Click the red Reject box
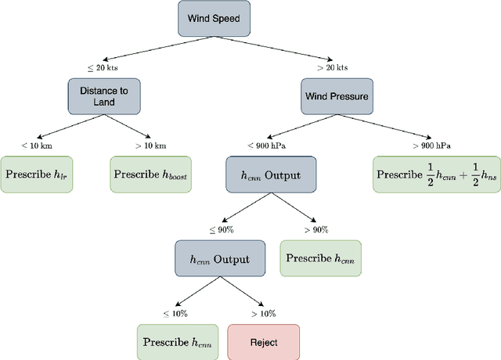[x=263, y=342]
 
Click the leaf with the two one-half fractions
[x=436, y=174]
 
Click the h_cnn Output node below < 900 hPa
[x=264, y=174]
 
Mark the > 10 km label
[x=150, y=146]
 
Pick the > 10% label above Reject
[x=263, y=313]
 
